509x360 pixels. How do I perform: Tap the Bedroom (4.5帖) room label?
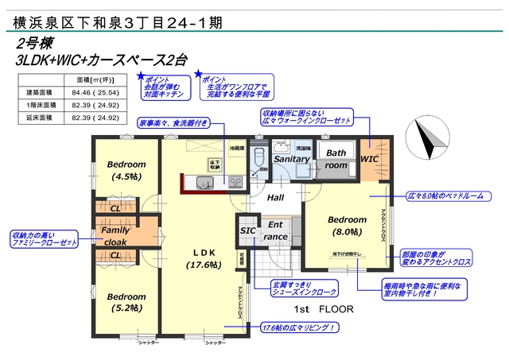tap(126, 171)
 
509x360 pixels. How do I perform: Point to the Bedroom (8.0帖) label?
tap(347, 226)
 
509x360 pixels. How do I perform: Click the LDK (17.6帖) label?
tap(204, 258)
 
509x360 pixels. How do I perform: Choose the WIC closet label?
tap(370, 159)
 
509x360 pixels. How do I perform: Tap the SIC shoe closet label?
tap(247, 231)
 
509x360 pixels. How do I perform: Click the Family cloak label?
tap(115, 236)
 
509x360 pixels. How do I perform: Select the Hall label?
tap(275, 198)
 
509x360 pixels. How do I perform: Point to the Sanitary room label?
tap(291, 159)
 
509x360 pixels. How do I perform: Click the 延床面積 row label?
tap(39, 118)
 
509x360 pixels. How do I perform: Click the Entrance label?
tap(276, 231)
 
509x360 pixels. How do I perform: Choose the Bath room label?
tap(336, 159)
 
